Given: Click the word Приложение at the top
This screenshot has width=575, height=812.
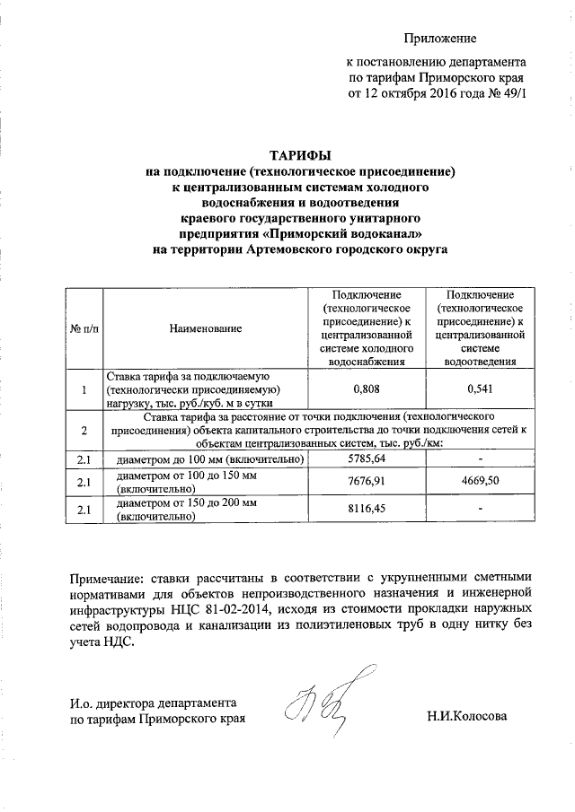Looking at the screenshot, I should tap(440, 38).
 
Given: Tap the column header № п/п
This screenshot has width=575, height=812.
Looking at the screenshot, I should tap(84, 329).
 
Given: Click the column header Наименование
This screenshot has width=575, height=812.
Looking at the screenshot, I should tap(206, 329).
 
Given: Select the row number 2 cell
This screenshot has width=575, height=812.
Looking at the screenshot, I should tap(84, 431).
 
